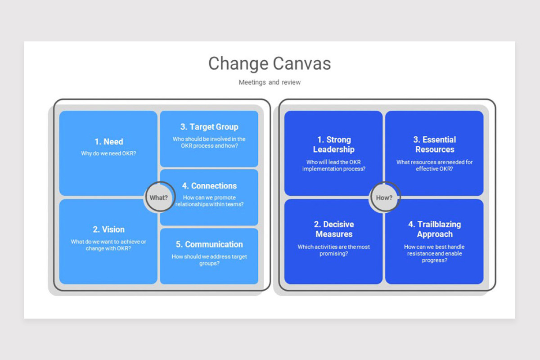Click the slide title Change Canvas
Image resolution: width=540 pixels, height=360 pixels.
[270, 63]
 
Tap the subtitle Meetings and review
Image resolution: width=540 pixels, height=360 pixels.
[270, 82]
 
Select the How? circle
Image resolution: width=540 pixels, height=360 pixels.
[384, 197]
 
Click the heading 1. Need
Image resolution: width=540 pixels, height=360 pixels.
[109, 142]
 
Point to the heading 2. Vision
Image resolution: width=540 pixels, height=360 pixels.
[109, 229]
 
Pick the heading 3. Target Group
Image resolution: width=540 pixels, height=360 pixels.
[209, 127]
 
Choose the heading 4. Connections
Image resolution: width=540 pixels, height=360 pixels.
[209, 186]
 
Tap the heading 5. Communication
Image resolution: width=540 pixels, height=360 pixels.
[209, 244]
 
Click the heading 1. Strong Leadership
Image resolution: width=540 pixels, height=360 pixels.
[334, 144]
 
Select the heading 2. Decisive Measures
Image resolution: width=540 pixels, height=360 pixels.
[334, 229]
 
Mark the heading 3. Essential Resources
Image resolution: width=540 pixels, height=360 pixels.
[435, 144]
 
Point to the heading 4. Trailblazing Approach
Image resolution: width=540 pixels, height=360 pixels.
[435, 229]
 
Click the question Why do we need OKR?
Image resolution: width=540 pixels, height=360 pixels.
[109, 153]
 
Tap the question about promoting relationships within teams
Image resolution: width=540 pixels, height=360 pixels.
[209, 201]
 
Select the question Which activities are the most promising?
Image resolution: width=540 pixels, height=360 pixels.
[334, 250]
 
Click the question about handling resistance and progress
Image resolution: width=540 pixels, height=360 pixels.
[435, 253]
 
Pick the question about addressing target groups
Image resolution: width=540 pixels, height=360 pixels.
[209, 260]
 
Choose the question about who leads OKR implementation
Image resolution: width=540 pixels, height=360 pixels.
[334, 166]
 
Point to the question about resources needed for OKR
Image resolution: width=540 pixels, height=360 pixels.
[435, 166]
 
